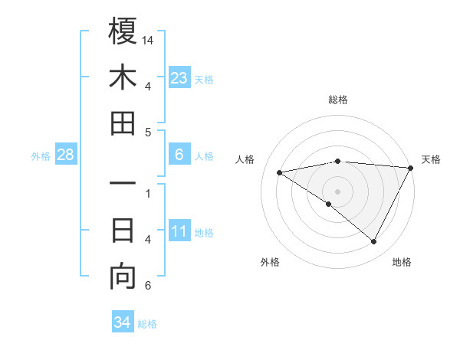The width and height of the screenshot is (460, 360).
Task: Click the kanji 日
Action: (x=123, y=230)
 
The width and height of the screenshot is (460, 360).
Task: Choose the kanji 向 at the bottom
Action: (x=123, y=277)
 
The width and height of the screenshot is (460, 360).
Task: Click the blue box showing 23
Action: (x=179, y=78)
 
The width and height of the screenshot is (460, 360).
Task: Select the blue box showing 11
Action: (x=179, y=232)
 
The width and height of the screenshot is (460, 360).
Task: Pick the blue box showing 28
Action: (x=66, y=155)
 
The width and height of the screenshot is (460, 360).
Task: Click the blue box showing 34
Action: (x=122, y=323)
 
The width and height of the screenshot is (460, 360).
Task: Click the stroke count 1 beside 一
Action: (x=148, y=193)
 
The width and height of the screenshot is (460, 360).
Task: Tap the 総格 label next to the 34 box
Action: (x=147, y=324)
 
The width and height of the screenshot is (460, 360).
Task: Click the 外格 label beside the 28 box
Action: (x=41, y=156)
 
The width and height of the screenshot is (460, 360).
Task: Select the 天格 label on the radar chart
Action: (x=431, y=159)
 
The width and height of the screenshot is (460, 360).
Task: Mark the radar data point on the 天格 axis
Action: (x=411, y=168)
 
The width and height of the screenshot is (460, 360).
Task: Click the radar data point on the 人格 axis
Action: (x=280, y=172)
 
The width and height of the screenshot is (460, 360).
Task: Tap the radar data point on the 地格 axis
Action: (x=374, y=241)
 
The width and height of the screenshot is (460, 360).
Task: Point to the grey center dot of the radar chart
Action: (x=337, y=191)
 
